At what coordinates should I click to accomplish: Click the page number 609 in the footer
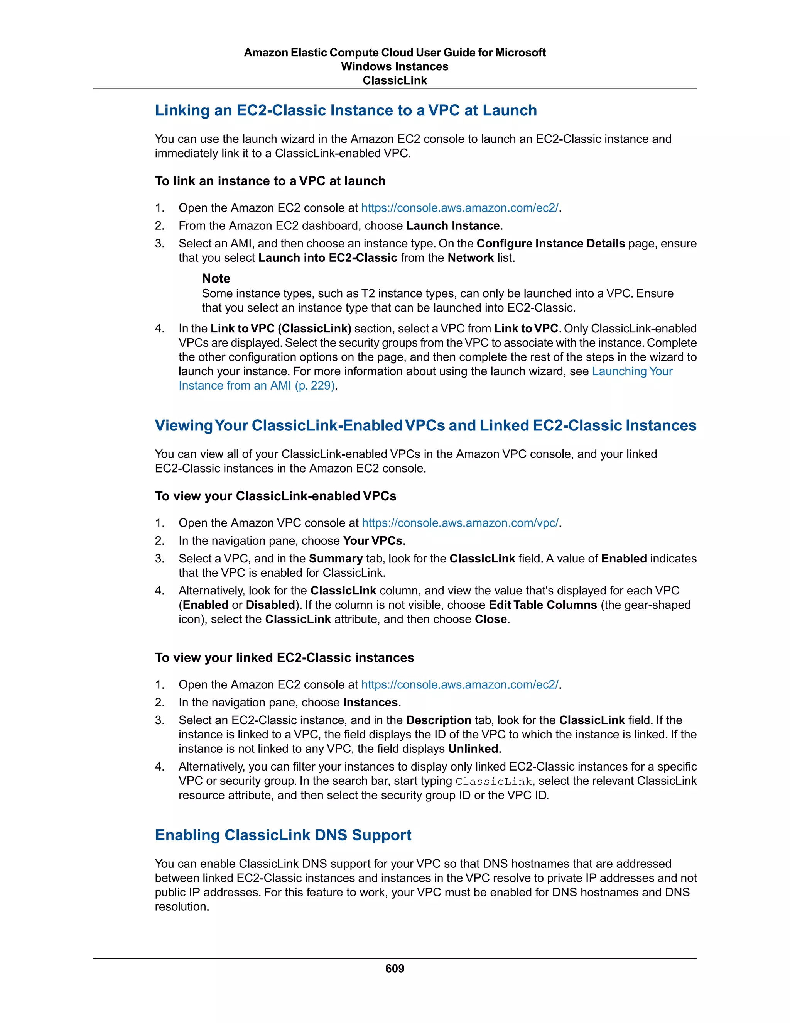(x=395, y=968)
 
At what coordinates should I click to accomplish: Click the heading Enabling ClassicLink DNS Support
(x=283, y=835)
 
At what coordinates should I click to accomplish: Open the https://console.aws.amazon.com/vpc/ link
(x=460, y=523)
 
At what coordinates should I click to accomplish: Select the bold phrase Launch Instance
(x=453, y=226)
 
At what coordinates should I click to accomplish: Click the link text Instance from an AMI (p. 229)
(x=257, y=386)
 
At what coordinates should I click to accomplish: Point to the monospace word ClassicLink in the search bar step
(x=494, y=782)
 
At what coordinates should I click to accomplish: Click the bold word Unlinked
(x=473, y=749)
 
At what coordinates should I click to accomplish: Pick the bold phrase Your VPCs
(x=373, y=540)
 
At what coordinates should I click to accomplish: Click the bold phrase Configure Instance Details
(x=550, y=244)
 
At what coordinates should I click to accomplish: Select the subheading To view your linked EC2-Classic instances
(x=284, y=658)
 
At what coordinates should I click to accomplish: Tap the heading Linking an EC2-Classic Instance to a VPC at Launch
(x=346, y=110)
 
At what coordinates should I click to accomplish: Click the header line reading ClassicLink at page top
(x=395, y=81)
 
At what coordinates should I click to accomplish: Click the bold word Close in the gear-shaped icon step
(x=491, y=619)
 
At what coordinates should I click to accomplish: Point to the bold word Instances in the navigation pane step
(x=370, y=702)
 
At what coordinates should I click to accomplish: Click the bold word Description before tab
(x=439, y=720)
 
